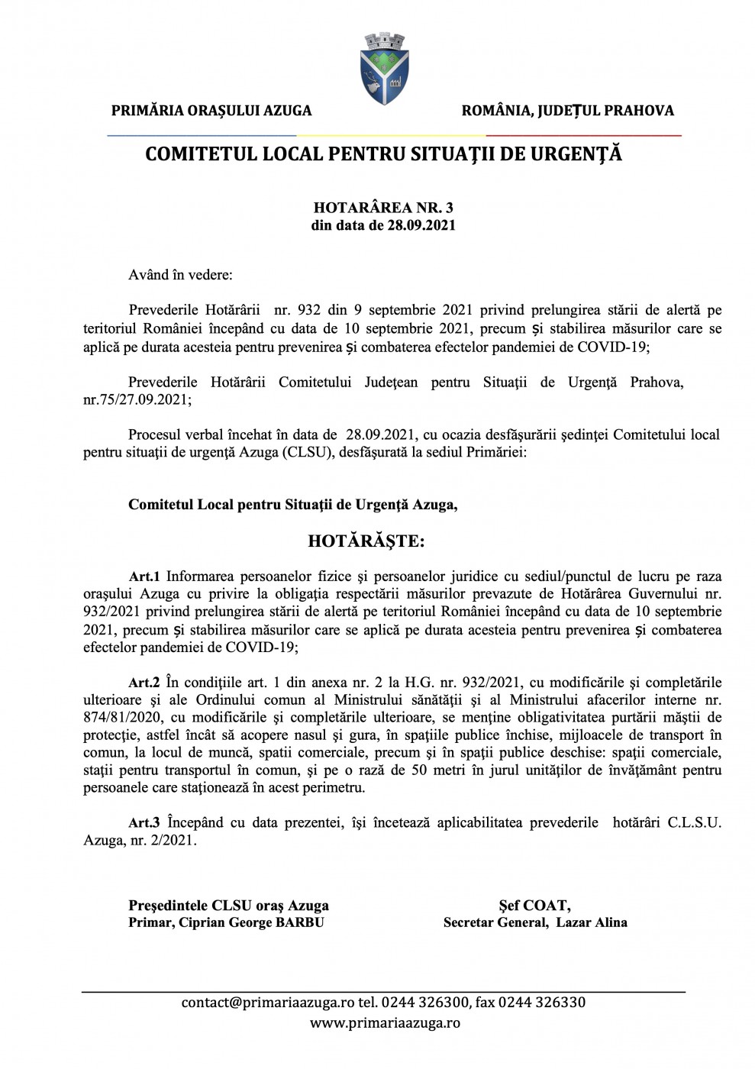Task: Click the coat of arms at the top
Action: click(384, 68)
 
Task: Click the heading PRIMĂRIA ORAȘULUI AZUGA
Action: click(211, 111)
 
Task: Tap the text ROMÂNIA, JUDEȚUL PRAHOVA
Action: click(567, 111)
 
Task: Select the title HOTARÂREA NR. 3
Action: click(383, 208)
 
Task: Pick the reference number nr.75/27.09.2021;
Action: click(137, 399)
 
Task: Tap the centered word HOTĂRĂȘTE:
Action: click(366, 541)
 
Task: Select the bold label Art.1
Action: click(144, 576)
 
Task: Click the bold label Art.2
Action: click(144, 683)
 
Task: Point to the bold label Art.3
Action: click(144, 823)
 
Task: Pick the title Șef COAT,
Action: click(534, 906)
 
